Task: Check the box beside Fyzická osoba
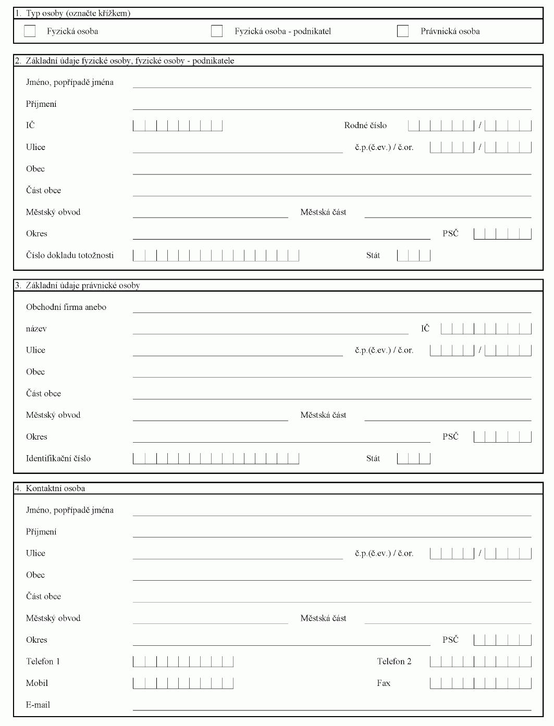click(x=30, y=31)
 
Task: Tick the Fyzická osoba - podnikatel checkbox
click(x=217, y=31)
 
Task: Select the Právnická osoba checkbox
click(x=403, y=31)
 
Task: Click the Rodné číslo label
click(x=365, y=126)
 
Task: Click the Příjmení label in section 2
click(x=41, y=104)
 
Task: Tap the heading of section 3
click(x=83, y=285)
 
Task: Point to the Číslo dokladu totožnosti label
click(x=70, y=255)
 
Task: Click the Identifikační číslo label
click(x=58, y=458)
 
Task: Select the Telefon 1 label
click(x=43, y=661)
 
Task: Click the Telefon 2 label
click(x=394, y=661)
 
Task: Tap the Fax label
click(x=384, y=683)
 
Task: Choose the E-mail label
click(x=38, y=705)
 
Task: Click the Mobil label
click(x=37, y=683)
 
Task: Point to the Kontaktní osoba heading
click(x=55, y=489)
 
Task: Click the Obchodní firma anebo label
click(x=66, y=307)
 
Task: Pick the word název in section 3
click(x=36, y=329)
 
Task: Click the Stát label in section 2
click(x=373, y=255)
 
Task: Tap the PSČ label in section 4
click(x=450, y=640)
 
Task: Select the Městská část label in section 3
click(x=323, y=415)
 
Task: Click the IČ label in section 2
click(x=31, y=126)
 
